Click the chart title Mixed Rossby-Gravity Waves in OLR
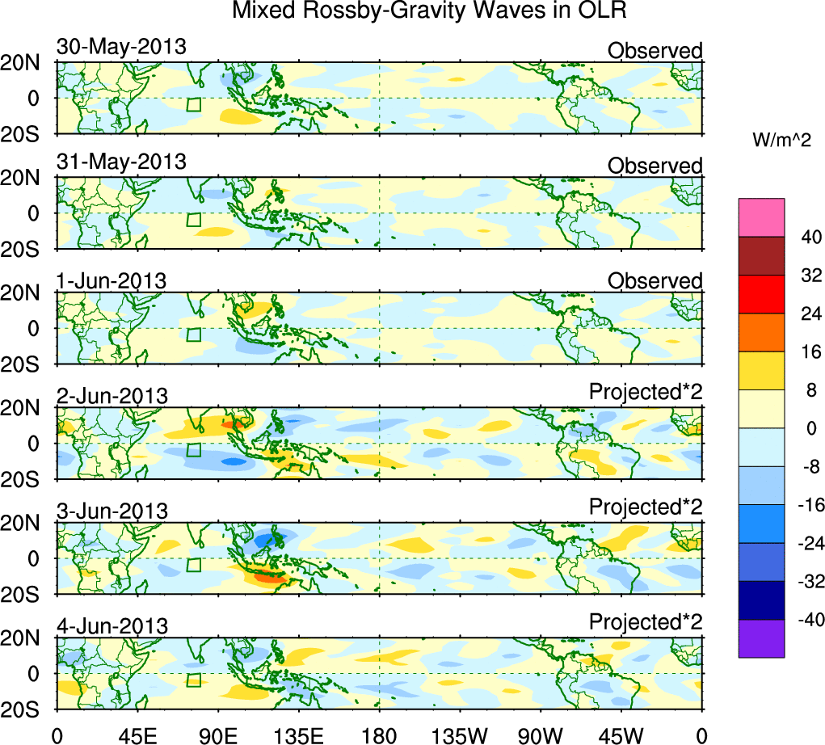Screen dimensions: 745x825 pos(429,11)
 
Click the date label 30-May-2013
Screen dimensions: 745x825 pos(121,47)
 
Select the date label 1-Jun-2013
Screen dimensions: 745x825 pos(112,280)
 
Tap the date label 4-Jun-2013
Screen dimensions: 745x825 pos(112,625)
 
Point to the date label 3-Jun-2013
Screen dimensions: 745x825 pos(112,511)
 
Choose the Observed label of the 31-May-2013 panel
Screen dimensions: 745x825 pos(655,166)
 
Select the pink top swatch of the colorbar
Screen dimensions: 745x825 pos(761,217)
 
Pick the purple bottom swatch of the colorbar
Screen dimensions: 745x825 pos(761,638)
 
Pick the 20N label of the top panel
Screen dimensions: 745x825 pos(26,63)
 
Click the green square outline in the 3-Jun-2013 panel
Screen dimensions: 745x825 pos(193,565)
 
